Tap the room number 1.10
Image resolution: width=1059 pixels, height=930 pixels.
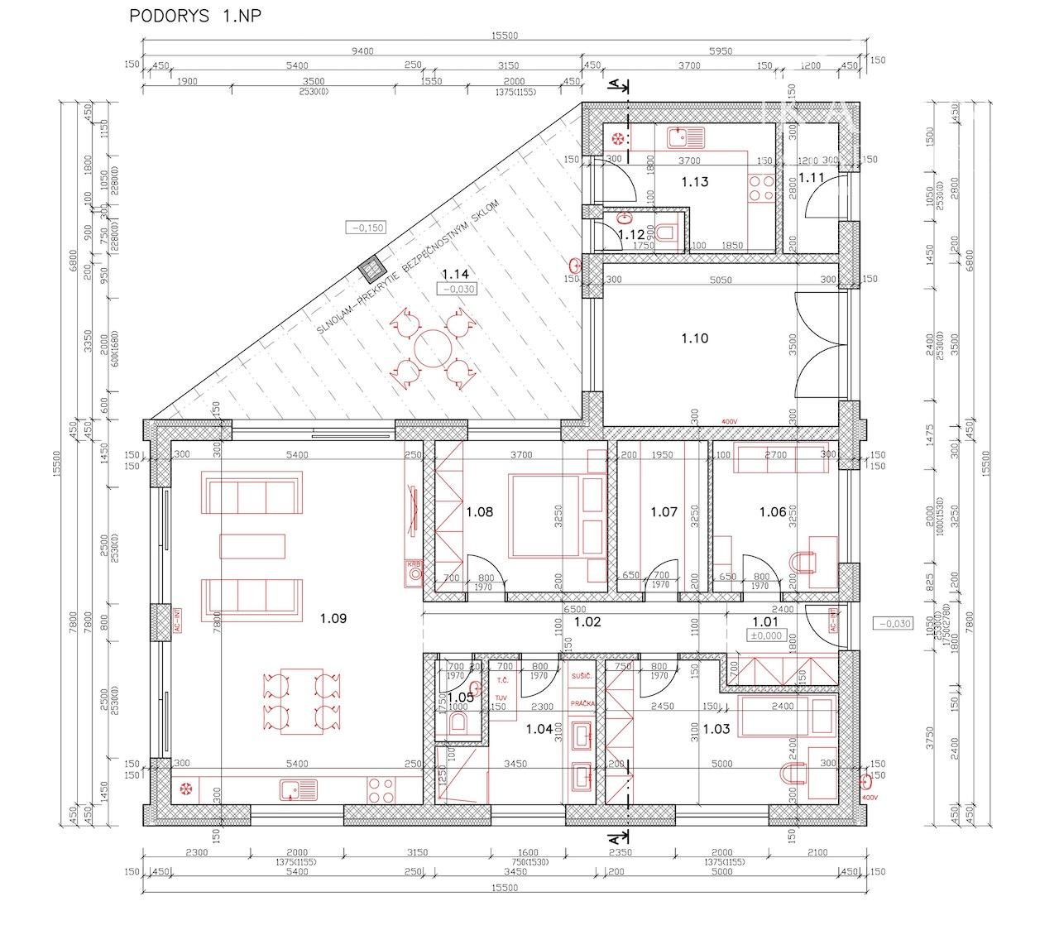coord(695,338)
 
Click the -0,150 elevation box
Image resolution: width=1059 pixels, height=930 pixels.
coord(367,228)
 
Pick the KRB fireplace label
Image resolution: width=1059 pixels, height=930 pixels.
coord(413,564)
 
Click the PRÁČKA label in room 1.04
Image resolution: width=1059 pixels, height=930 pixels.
coord(582,703)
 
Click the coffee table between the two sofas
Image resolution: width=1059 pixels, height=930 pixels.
coord(252,546)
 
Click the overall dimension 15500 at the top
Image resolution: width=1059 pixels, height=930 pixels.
coord(504,36)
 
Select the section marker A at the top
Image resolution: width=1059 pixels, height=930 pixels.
coord(614,84)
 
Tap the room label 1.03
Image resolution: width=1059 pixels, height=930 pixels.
coord(716,729)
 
